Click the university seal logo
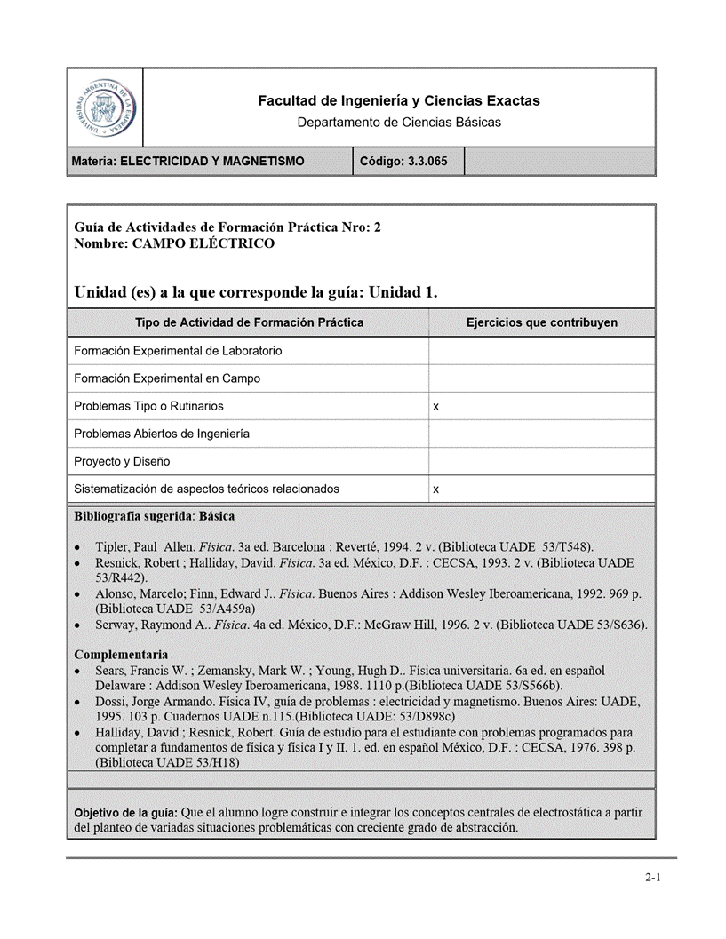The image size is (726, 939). (105, 108)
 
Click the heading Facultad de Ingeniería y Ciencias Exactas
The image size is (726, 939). (399, 101)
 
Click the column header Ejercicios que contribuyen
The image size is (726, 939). (541, 322)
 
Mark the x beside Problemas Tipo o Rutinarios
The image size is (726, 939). (435, 407)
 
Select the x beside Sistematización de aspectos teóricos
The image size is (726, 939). (435, 489)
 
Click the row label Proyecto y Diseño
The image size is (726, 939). (122, 462)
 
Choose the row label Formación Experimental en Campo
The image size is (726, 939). (167, 378)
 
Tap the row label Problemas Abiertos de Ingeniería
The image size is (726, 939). (162, 434)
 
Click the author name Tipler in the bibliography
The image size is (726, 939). (114, 546)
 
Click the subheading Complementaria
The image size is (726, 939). (121, 655)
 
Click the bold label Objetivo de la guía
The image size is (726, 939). (125, 813)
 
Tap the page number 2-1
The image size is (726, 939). (653, 878)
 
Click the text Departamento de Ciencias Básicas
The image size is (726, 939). (399, 123)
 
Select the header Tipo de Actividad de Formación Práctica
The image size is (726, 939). (249, 322)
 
